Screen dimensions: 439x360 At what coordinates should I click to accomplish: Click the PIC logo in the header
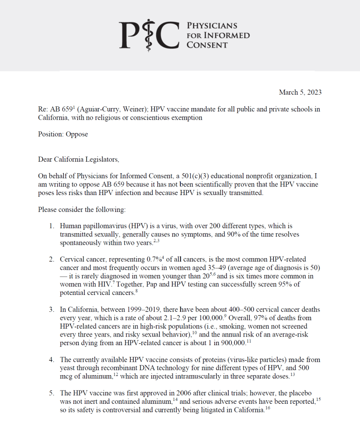tap(148, 35)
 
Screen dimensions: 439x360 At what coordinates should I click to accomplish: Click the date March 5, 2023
tap(300, 92)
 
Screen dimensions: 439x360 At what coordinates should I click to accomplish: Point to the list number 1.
tap(51, 226)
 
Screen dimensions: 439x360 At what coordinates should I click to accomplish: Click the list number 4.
tap(51, 360)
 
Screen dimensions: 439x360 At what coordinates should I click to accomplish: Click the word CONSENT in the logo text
tap(207, 45)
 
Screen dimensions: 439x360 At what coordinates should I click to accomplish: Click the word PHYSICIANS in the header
tap(212, 26)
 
